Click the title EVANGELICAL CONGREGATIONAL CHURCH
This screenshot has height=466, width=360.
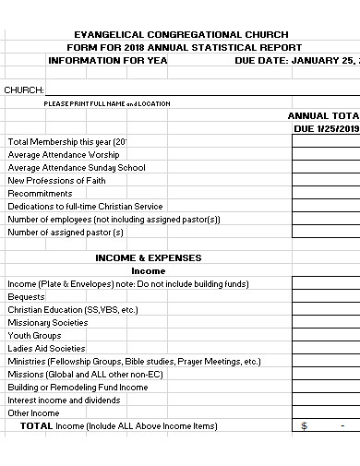tap(184, 34)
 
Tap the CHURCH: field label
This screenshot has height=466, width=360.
tap(24, 90)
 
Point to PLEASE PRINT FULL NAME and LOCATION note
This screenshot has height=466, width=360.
tap(107, 103)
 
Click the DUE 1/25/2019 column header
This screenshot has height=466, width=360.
tap(326, 128)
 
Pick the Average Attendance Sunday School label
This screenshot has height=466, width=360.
tap(77, 168)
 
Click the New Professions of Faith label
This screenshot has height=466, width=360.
tap(56, 181)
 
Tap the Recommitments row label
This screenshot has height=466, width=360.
tap(40, 194)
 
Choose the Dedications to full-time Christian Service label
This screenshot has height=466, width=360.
tap(85, 207)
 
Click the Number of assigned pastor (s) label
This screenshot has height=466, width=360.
tap(66, 233)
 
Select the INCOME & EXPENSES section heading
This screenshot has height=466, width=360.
tap(148, 258)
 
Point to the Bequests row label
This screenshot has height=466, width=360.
tap(26, 297)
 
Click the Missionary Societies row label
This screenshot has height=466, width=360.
tap(47, 323)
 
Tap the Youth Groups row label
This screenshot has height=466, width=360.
tap(34, 336)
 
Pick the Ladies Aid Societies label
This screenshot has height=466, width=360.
tap(46, 349)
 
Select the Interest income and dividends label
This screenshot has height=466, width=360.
tap(64, 400)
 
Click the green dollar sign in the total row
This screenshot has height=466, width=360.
tap(305, 426)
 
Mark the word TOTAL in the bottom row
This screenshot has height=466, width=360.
tap(37, 426)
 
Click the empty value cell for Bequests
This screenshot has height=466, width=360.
tap(326, 297)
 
